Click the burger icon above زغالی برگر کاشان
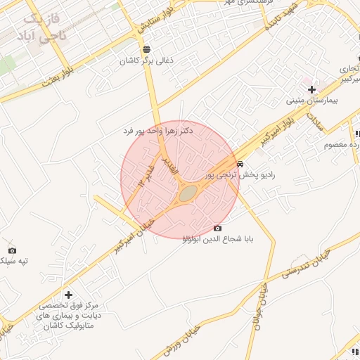(146, 49)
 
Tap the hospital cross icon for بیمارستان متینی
(311, 89)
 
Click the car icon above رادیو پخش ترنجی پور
(240, 163)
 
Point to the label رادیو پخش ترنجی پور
(240, 174)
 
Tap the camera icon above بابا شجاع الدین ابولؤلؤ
(217, 228)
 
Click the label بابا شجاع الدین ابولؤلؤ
(217, 239)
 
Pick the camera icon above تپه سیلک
(11, 250)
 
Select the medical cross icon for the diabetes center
(68, 295)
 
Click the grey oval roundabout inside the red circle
(186, 193)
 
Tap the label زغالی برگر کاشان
(146, 61)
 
